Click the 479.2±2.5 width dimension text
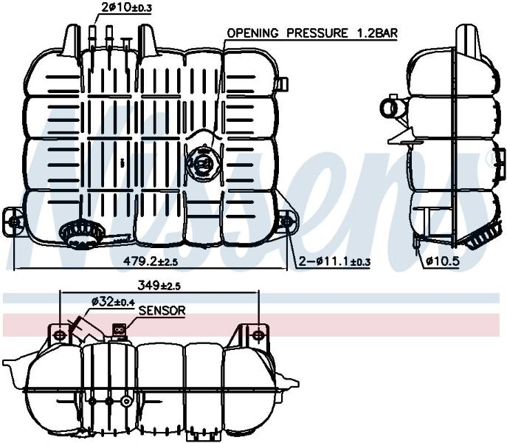(151, 261)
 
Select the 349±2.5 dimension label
(159, 286)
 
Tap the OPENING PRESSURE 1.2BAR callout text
(312, 33)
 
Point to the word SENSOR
(162, 311)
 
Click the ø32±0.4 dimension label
(113, 302)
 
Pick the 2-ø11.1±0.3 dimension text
(334, 261)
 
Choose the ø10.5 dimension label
(443, 261)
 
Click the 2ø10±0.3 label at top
(126, 7)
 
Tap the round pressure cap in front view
(204, 162)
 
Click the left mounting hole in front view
(14, 222)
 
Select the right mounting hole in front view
(286, 221)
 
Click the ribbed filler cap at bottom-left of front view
(81, 233)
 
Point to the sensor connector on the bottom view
(119, 331)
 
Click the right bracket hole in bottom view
(258, 334)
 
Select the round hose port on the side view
(391, 108)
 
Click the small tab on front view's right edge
(283, 84)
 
